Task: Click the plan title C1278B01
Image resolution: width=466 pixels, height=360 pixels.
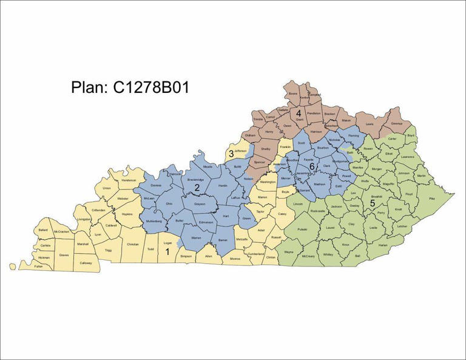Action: click(130, 87)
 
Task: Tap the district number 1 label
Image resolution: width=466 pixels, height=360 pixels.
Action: click(167, 251)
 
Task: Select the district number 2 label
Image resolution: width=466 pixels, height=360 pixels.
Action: click(197, 188)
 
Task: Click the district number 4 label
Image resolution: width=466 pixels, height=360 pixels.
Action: click(299, 113)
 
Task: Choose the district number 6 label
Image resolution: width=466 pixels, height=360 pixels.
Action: click(312, 166)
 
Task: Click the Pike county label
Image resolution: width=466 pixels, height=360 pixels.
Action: click(431, 199)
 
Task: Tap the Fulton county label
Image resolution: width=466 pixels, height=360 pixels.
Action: click(39, 266)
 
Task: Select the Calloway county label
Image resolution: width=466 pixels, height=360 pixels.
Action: click(86, 262)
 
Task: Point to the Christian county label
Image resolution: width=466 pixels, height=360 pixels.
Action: click(133, 244)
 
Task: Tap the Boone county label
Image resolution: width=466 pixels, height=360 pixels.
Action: click(292, 94)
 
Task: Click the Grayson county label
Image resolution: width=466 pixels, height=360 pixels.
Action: click(200, 204)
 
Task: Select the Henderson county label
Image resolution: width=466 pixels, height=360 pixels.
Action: click(129, 180)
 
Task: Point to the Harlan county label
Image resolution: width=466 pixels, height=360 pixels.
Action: click(382, 245)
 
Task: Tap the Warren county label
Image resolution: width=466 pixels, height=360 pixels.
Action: click(196, 237)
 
